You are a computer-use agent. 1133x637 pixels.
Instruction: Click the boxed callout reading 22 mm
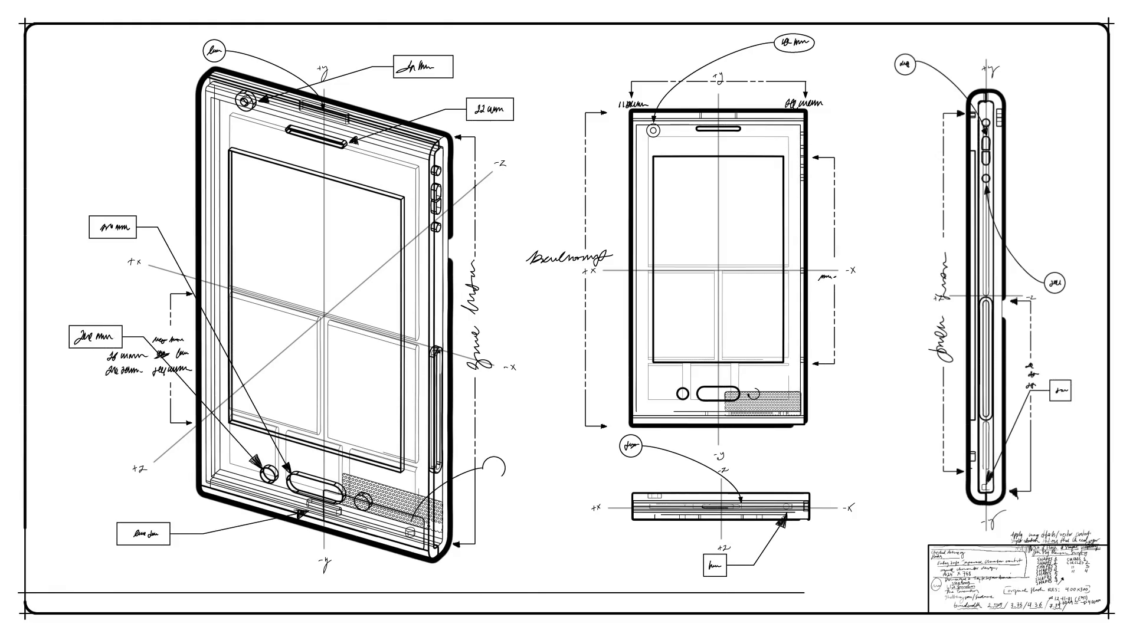[x=490, y=109]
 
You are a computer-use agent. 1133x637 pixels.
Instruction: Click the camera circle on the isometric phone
[x=245, y=101]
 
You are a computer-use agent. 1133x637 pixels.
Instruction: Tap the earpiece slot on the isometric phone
[x=316, y=137]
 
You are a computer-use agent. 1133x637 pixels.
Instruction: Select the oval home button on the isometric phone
[x=315, y=485]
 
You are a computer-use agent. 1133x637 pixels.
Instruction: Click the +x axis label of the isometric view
[x=135, y=261]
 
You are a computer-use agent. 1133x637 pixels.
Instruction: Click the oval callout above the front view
[x=794, y=42]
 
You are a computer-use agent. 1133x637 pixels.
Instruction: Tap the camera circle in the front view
[x=653, y=131]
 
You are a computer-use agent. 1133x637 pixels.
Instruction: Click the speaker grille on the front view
[x=762, y=402]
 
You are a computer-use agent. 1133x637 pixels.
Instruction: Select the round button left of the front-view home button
[x=682, y=393]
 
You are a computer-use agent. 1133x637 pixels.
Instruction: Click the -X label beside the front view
[x=850, y=270]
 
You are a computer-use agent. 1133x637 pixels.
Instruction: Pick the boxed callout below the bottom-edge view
[x=715, y=565]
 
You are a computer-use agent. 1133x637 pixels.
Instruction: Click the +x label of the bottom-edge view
[x=595, y=507]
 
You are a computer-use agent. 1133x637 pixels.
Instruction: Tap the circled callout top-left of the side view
[x=905, y=64]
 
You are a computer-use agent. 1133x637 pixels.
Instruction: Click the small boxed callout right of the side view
[x=1060, y=390]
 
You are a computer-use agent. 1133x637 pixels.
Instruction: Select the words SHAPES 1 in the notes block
[x=1047, y=559]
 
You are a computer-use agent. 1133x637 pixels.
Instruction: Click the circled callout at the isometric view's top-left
[x=215, y=51]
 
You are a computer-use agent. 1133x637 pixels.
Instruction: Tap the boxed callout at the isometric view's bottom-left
[x=143, y=534]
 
